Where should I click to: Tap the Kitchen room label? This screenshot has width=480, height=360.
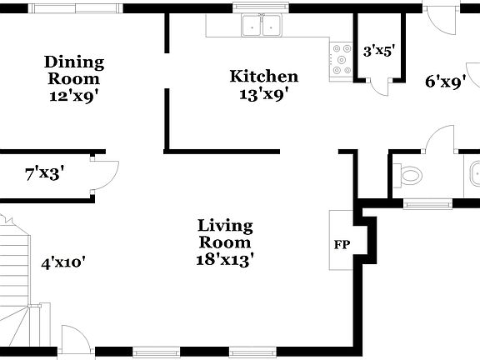tap(263, 77)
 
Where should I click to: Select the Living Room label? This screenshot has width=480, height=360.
tap(225, 233)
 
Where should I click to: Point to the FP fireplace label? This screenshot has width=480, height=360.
tap(342, 245)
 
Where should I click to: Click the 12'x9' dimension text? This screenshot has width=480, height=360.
tap(74, 95)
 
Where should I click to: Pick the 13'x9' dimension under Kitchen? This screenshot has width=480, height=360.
tap(263, 93)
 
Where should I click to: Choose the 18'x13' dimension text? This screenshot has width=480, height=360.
tap(225, 258)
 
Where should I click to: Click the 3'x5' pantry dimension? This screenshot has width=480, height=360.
tap(378, 51)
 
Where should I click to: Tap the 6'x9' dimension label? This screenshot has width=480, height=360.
tap(444, 82)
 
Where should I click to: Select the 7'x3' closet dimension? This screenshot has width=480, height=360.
tap(45, 174)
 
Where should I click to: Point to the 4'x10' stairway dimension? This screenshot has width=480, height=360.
tap(63, 262)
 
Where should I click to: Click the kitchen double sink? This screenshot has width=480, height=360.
tap(261, 27)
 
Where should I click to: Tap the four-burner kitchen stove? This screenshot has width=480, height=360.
tap(342, 59)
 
